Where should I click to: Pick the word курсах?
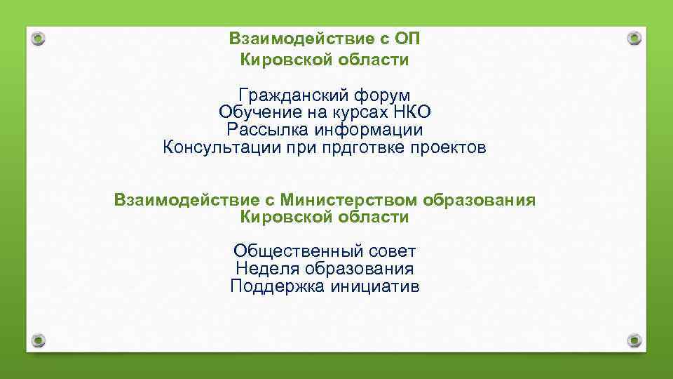(x=358, y=112)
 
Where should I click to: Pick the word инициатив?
(x=375, y=286)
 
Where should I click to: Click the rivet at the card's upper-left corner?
(x=39, y=38)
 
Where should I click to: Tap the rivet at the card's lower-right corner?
(x=634, y=340)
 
